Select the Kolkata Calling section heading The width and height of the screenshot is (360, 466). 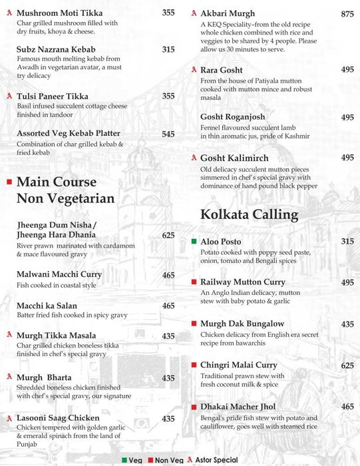tap(249, 214)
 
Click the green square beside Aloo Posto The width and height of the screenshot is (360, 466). tap(194, 241)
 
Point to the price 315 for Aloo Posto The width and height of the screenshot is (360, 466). tap(347, 242)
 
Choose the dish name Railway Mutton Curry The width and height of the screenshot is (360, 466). tap(243, 282)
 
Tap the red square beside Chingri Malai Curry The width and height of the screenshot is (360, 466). tap(194, 365)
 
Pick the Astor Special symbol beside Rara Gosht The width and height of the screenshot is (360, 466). tap(193, 69)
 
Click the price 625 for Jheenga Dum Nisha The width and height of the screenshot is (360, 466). tap(168, 236)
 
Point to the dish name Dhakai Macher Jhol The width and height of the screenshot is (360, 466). tap(238, 407)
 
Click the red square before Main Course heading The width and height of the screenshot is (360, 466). tap(9, 181)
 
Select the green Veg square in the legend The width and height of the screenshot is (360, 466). tap(124, 460)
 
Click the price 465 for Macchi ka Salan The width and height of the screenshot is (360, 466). tap(168, 306)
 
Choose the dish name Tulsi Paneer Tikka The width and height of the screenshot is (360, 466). tap(56, 97)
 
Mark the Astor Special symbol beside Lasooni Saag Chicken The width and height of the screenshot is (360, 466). tap(9, 418)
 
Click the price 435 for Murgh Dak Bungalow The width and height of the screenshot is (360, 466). tap(347, 324)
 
